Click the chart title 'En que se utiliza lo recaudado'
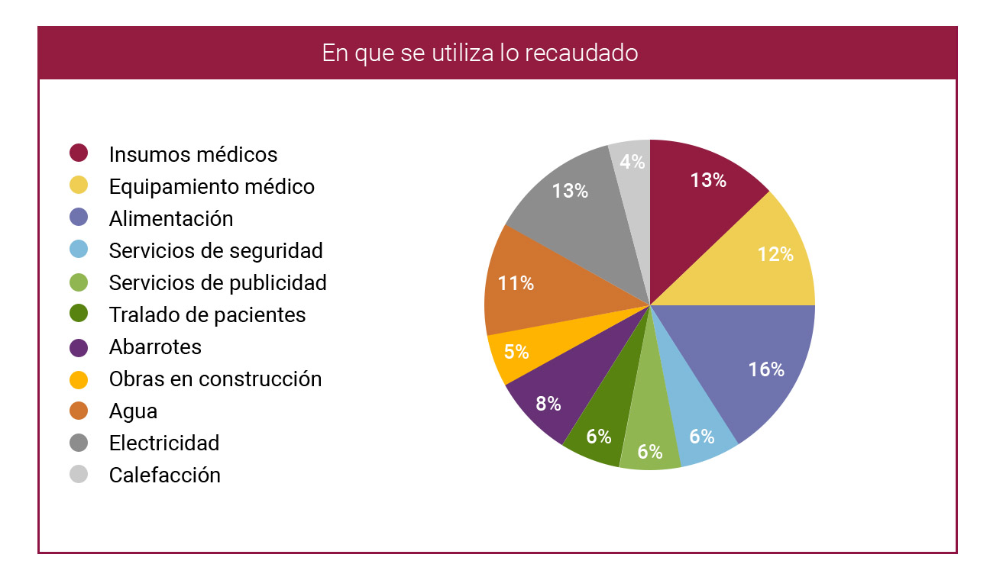tap(480, 53)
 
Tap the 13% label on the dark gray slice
tap(570, 191)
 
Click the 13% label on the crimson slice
tap(708, 180)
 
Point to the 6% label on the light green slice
tap(649, 451)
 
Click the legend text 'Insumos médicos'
tap(193, 154)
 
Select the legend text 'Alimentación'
tap(171, 218)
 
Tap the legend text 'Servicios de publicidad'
tap(218, 282)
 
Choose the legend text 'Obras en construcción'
tap(215, 379)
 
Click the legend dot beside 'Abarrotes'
tap(79, 347)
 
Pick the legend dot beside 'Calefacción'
tap(79, 475)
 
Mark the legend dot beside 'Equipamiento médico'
tap(79, 185)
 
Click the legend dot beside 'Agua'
tap(79, 411)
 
